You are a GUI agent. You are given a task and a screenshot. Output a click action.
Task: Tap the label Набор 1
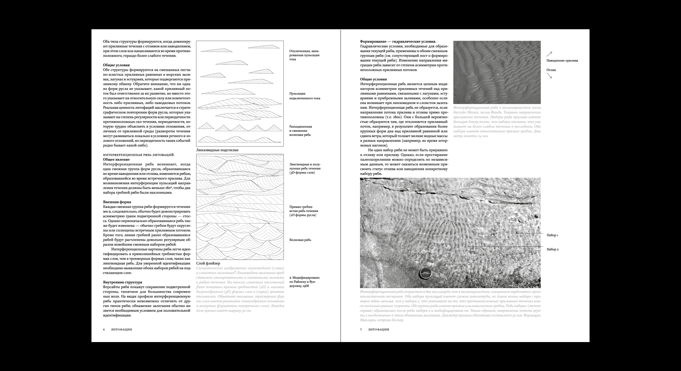(x=552, y=235)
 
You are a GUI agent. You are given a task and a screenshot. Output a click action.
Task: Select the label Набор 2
(x=553, y=249)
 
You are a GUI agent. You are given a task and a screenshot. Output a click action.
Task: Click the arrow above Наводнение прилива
(x=549, y=54)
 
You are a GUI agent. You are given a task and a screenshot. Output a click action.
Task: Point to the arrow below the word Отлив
(x=549, y=76)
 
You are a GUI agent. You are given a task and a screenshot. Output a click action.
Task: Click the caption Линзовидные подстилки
(x=217, y=150)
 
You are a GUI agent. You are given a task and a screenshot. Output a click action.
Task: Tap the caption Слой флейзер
(x=208, y=263)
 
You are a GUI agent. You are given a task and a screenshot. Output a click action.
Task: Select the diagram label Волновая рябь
(x=300, y=240)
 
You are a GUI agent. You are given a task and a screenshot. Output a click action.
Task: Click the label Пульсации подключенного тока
(x=300, y=96)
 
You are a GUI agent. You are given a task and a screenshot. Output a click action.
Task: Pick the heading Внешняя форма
(x=117, y=202)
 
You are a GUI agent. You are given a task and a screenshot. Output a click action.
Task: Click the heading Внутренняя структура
(x=123, y=282)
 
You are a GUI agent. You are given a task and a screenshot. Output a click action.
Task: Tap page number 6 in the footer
(x=104, y=330)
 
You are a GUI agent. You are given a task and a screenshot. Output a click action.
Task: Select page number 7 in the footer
(x=361, y=330)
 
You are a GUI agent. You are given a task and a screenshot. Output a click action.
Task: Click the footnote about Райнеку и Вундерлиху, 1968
(x=304, y=282)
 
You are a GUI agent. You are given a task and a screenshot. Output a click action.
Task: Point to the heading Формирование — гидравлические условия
(x=398, y=41)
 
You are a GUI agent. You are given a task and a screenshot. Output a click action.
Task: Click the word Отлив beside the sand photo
(x=551, y=70)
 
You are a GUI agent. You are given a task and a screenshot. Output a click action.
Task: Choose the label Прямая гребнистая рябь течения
(x=302, y=211)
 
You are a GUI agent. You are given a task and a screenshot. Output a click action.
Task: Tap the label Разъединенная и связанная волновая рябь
(x=300, y=131)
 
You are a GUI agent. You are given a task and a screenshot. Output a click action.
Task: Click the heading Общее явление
(x=116, y=159)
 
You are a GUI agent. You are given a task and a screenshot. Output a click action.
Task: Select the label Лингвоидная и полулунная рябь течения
(x=305, y=168)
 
